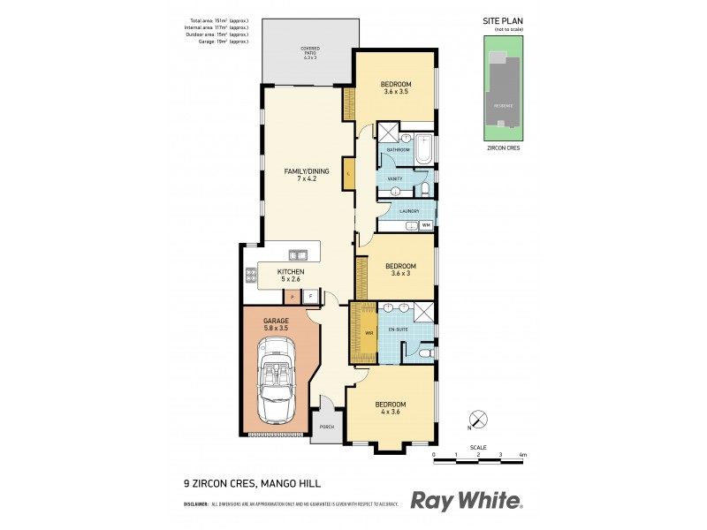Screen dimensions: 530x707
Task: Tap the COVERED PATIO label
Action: (x=309, y=52)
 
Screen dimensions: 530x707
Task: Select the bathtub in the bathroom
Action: (x=425, y=149)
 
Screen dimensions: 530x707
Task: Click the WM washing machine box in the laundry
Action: (x=426, y=226)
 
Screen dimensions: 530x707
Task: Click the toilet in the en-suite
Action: (x=424, y=353)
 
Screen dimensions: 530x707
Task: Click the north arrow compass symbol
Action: (x=477, y=419)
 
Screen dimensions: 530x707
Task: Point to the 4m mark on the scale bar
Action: (x=522, y=455)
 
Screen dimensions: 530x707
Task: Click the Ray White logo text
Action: (x=466, y=501)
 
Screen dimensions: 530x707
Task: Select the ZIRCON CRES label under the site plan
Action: (x=503, y=148)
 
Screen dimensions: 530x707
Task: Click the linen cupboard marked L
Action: (x=349, y=173)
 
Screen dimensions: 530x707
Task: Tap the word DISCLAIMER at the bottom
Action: (x=195, y=503)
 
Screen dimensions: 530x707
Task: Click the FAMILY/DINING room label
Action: (x=300, y=171)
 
